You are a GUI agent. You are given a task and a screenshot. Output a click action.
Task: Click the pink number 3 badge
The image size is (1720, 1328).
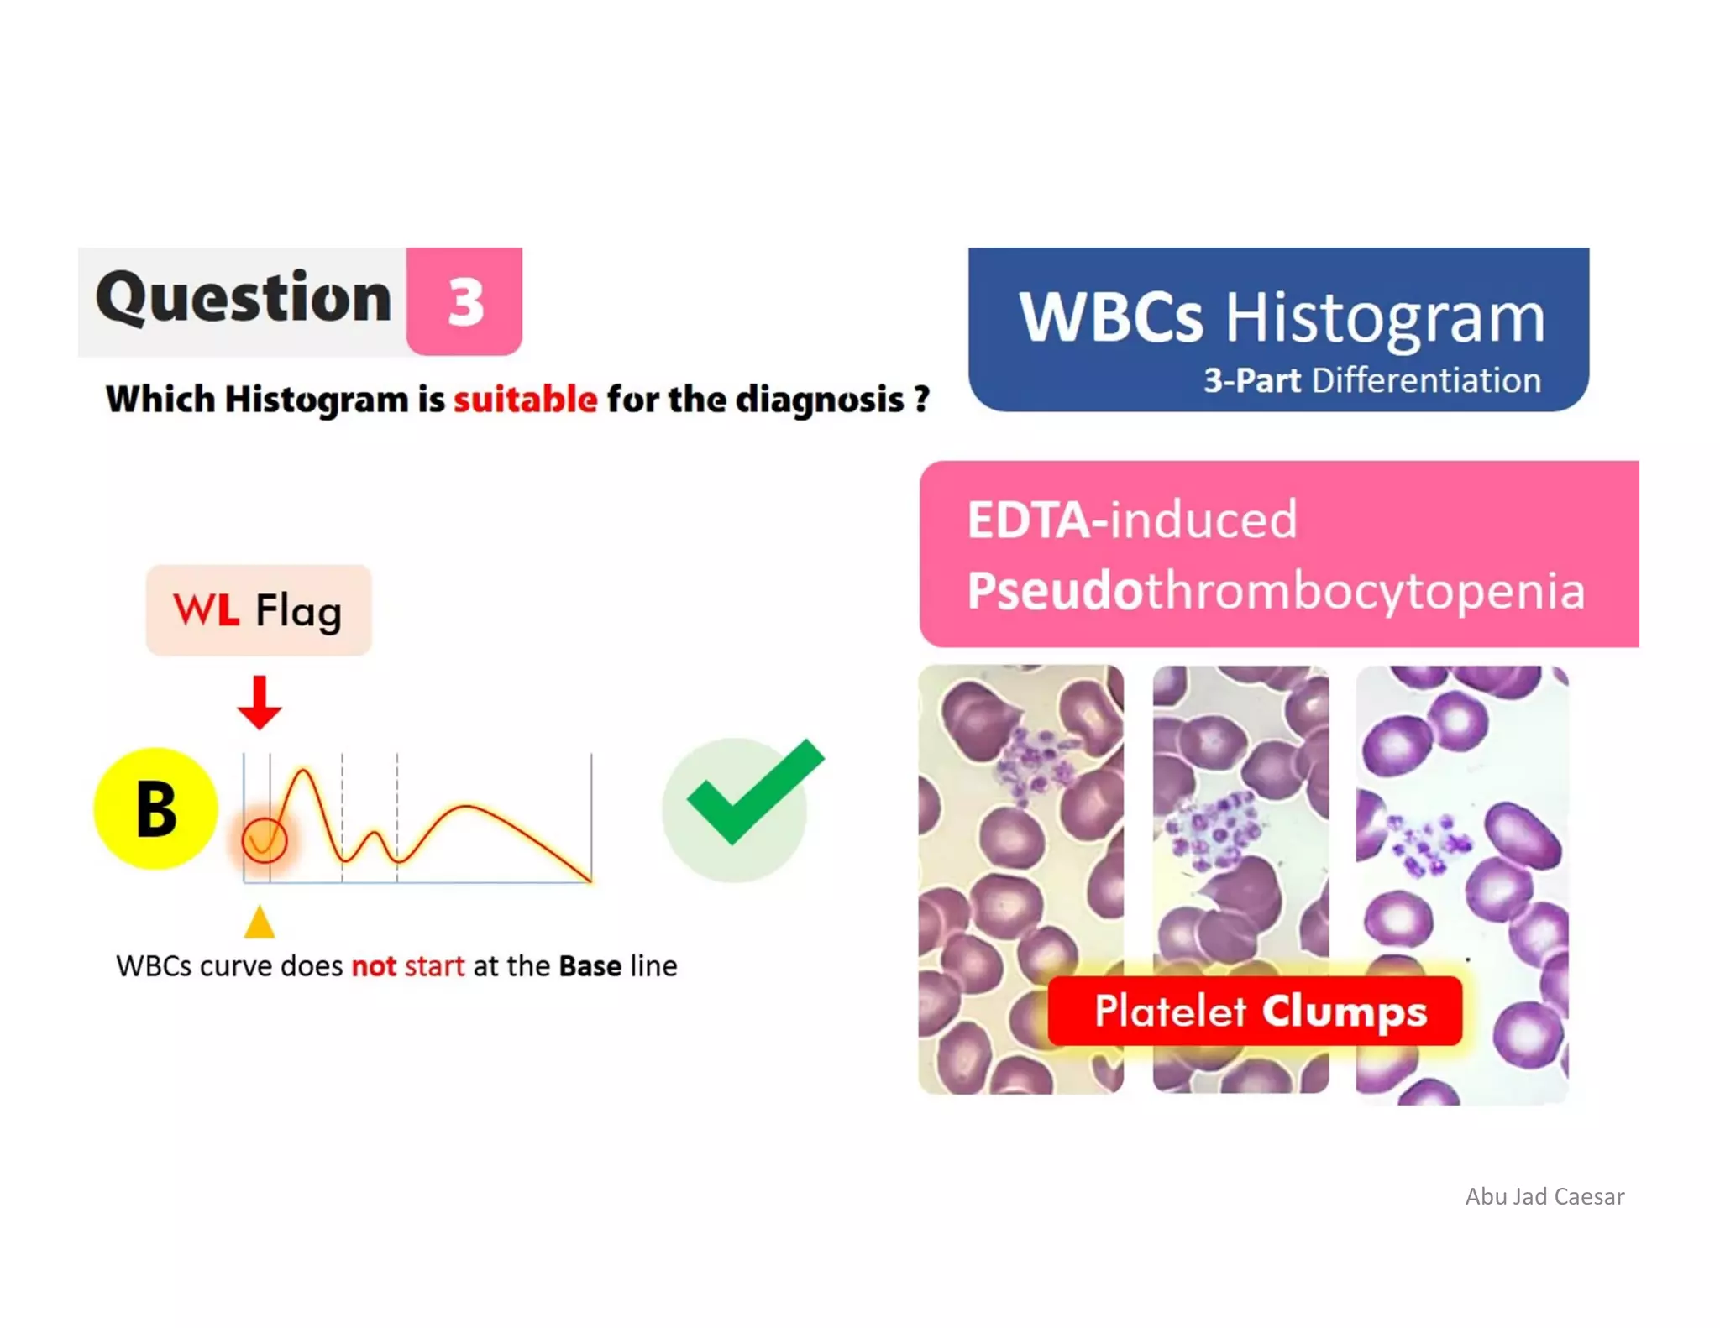click(x=464, y=301)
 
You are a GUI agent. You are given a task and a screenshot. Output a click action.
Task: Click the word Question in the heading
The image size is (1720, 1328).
click(x=244, y=297)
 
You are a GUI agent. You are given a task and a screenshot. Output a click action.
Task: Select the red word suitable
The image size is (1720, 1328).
click(x=525, y=399)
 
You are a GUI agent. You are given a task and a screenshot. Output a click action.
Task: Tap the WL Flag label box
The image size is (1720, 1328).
click(x=259, y=610)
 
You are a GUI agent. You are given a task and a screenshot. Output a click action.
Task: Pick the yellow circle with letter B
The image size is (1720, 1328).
click(x=156, y=808)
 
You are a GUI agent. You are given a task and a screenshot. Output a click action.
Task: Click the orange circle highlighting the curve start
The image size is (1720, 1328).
click(x=264, y=839)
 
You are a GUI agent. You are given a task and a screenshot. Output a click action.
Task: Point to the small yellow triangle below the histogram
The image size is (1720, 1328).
click(x=260, y=922)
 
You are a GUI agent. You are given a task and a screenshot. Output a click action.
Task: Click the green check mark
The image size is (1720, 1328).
click(x=752, y=793)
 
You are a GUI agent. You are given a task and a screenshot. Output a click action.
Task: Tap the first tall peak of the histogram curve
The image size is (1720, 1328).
click(x=303, y=772)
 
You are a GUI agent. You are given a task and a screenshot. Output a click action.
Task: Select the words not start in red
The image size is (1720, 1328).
click(x=407, y=966)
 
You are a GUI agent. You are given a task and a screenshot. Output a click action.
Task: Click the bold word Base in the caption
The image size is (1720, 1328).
click(x=590, y=966)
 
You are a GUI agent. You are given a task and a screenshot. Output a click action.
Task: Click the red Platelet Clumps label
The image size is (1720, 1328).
click(x=1255, y=1011)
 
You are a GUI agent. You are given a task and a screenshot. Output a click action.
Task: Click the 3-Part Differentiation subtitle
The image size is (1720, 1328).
click(x=1371, y=380)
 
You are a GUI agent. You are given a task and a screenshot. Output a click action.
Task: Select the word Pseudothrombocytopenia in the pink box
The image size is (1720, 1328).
click(x=1275, y=590)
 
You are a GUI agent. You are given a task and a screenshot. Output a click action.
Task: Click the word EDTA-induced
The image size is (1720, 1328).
click(x=1131, y=520)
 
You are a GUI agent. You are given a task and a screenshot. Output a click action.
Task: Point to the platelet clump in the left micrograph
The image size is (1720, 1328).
click(x=1035, y=764)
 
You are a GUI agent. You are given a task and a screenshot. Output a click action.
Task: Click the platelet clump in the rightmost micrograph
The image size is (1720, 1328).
click(x=1428, y=844)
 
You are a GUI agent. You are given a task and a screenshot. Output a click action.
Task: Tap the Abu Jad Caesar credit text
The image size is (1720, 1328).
click(x=1544, y=1196)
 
